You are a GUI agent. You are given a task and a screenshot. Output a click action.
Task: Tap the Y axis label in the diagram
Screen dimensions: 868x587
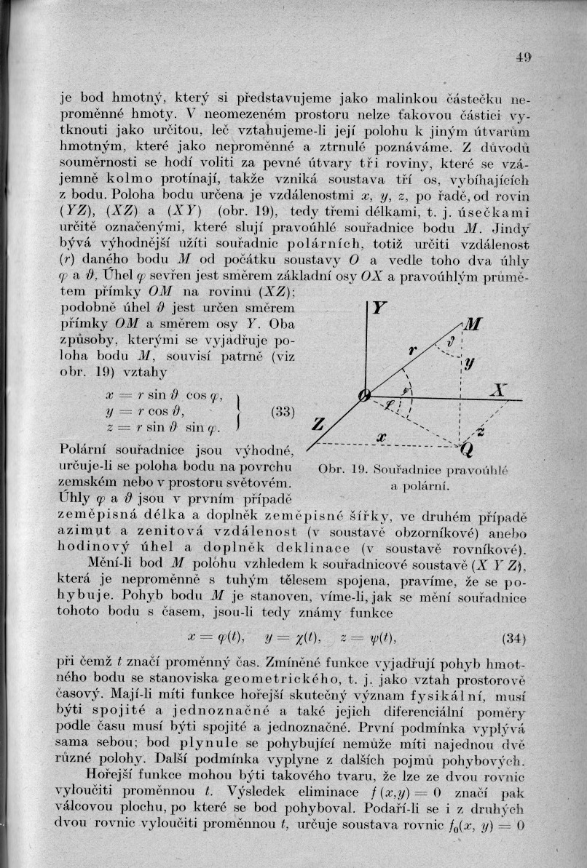(x=379, y=309)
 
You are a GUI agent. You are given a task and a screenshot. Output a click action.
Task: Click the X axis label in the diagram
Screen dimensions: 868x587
(x=499, y=391)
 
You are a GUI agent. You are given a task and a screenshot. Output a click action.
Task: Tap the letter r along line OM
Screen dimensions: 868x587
(x=412, y=351)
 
